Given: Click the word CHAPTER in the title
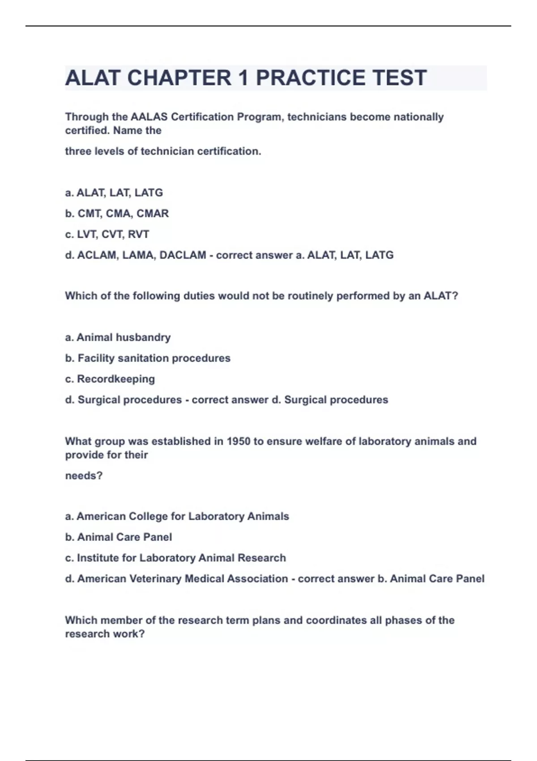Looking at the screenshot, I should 179,78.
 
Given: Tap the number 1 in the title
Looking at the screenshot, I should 243,78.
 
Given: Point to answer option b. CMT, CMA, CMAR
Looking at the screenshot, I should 117,214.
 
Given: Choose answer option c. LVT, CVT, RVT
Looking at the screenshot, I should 107,234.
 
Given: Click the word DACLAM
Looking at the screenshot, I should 183,255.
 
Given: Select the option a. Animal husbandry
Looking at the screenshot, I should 118,337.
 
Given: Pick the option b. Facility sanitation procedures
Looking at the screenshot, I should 148,358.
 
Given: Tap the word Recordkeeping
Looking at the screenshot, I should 116,379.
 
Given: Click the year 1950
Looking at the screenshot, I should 239,441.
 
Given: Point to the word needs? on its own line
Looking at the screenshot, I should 84,475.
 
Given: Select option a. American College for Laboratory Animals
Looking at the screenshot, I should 177,516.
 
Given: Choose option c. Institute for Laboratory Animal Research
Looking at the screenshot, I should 175,558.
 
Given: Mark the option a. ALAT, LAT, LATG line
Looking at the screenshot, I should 114,193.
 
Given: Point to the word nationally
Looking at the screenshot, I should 418,117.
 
